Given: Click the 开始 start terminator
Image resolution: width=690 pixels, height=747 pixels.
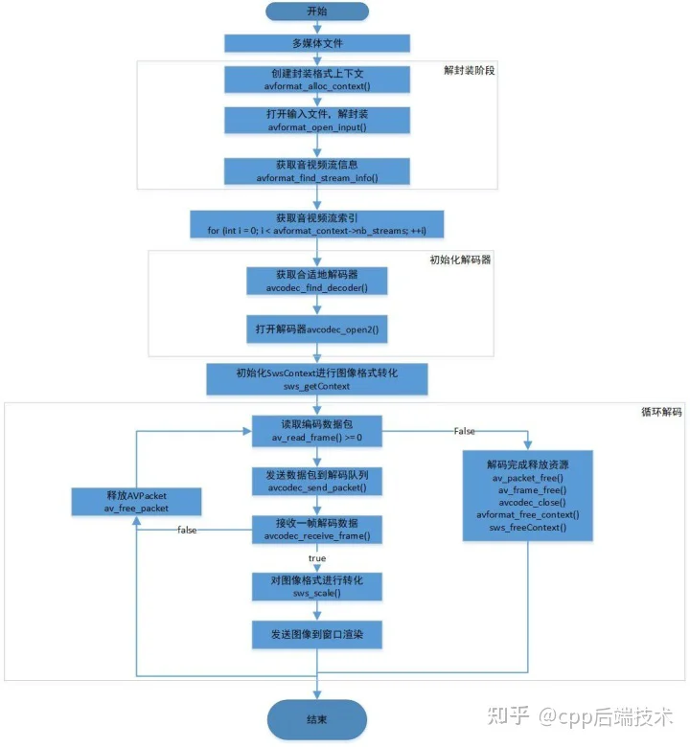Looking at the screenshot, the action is (317, 11).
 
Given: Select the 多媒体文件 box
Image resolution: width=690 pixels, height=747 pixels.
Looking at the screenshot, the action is (317, 43).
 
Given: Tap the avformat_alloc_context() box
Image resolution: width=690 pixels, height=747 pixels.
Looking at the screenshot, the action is (317, 79).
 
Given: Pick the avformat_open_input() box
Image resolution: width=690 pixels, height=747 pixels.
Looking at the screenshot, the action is (317, 120).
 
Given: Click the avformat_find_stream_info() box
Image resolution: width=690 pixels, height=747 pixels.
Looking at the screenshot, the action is (317, 171).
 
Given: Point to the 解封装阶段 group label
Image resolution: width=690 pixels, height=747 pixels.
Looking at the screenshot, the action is (470, 71).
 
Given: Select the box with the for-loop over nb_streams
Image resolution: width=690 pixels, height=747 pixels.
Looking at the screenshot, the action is (317, 224).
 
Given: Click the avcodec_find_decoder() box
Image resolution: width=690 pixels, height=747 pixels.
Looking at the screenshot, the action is (317, 281).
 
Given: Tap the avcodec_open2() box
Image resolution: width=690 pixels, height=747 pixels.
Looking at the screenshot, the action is (317, 329).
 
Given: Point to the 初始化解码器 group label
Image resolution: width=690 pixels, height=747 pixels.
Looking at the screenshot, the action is (460, 260).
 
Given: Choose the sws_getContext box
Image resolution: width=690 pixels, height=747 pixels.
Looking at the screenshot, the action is (317, 379).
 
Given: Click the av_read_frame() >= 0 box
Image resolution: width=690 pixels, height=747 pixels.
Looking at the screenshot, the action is (317, 431).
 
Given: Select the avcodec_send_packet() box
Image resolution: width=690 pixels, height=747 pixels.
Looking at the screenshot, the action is (317, 481).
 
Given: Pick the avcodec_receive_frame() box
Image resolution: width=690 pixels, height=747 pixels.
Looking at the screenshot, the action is (317, 530).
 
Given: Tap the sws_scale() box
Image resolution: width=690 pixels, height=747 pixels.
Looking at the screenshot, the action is (317, 586).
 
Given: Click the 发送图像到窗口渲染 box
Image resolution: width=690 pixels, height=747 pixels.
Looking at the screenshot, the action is (317, 635).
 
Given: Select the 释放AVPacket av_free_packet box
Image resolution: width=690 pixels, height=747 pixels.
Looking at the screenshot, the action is (136, 502).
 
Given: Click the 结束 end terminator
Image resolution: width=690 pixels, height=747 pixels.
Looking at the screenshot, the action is (317, 719).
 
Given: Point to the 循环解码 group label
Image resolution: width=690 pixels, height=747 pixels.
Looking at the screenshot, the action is (661, 412).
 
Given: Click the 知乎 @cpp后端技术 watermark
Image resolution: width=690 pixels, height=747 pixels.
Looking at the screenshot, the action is (580, 716).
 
